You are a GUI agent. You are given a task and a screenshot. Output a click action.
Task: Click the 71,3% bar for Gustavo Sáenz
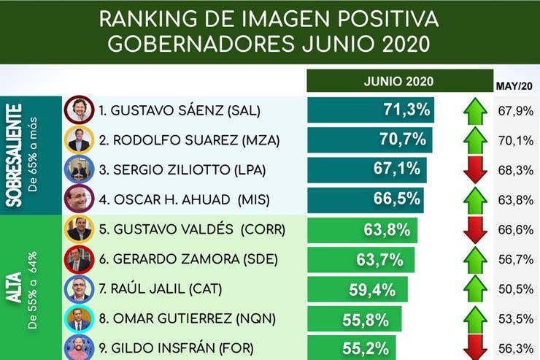coord(371,110)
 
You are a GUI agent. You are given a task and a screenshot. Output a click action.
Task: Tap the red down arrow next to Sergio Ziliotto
coord(476,169)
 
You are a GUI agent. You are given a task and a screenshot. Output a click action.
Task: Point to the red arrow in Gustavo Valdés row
coord(476,229)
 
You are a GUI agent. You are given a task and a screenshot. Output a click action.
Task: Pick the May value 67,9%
coord(516,111)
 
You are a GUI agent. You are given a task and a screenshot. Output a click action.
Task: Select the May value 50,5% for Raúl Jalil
coord(516,289)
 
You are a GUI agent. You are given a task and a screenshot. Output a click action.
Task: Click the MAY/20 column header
coord(514,86)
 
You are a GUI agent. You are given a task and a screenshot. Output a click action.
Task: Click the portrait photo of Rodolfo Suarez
coord(79,140)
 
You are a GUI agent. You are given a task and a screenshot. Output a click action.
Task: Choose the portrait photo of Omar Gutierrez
coord(79,319)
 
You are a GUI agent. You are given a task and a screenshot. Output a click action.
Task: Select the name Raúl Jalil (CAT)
coord(155,289)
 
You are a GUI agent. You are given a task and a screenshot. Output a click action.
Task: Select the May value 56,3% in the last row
coord(516,348)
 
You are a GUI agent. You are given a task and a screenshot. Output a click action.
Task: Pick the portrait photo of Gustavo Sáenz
coord(79,110)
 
